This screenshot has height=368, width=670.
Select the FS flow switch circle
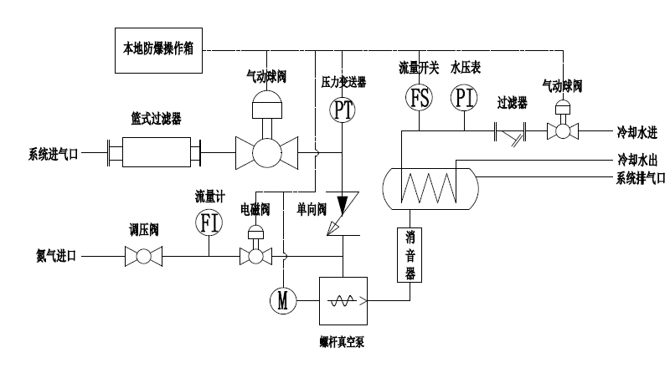click(x=419, y=98)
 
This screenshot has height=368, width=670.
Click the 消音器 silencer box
click(x=408, y=254)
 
